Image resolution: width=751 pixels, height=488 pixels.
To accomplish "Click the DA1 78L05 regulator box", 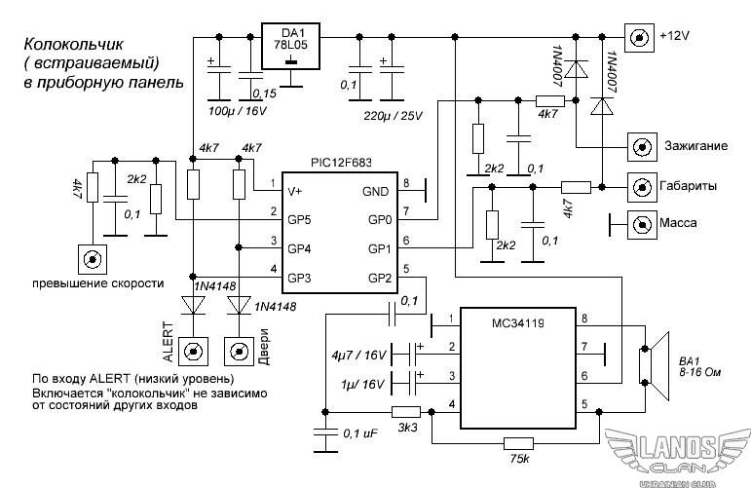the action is coord(291,47).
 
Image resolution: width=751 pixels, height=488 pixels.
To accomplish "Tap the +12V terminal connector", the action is coord(639,37).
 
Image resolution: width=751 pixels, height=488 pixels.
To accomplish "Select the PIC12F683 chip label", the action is coord(341,163).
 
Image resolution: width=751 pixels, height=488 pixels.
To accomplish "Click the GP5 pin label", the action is coord(299,220).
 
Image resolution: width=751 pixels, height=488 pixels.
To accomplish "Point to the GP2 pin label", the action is coord(380,278).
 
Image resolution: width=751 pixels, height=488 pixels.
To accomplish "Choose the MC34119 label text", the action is coord(518,323).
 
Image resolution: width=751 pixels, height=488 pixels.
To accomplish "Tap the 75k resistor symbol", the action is coord(519,443).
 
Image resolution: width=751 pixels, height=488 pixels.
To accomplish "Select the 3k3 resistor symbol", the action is coord(406,412).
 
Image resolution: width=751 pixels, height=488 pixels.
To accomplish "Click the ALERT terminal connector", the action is coord(194,352).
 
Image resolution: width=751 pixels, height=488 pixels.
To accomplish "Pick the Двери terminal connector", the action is coord(240,352).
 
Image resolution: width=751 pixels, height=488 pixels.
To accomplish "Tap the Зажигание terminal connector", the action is coord(642,146).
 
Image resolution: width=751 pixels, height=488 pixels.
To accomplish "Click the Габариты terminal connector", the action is coord(642,187).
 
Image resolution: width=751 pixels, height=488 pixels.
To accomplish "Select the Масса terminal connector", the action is coord(642,224).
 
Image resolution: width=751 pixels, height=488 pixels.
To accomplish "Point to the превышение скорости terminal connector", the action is coord(92,259).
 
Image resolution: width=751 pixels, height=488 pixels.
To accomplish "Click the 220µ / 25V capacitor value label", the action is coord(393,116).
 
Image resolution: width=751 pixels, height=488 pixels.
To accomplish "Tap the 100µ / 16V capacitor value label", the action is coord(238,111).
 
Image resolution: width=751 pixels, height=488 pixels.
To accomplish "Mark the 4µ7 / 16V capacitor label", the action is coord(358,356).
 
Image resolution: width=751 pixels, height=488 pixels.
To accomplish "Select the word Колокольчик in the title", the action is coord(74,45).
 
